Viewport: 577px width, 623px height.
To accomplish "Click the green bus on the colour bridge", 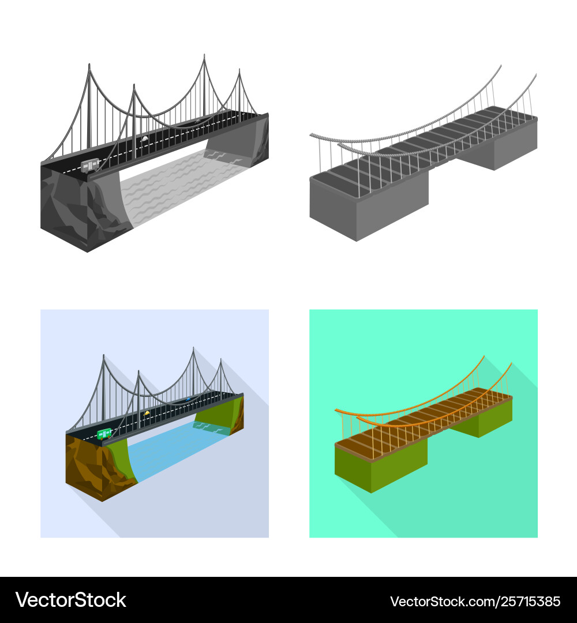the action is [104, 433].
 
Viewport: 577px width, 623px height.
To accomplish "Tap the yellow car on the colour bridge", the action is [147, 414].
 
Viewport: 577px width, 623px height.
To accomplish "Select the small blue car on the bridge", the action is [189, 399].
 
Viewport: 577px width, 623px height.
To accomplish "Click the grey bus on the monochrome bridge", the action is [90, 165].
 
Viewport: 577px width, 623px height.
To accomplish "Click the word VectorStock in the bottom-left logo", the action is [71, 600].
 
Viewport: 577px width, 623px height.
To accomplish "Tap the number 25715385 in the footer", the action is [530, 602].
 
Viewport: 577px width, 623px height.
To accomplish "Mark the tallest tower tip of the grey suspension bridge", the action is [204, 54].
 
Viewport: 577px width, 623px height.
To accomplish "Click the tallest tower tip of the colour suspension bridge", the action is [193, 348].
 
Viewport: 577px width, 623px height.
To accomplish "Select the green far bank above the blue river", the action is [219, 413].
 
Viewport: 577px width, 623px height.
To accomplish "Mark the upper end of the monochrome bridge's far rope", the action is [500, 66].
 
